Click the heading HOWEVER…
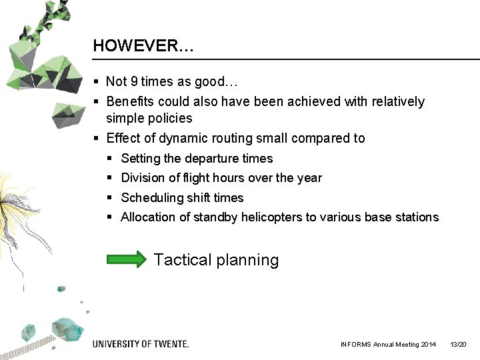tap(143, 46)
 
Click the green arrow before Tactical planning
tap(127, 259)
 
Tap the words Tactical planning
tap(216, 260)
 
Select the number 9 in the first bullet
tap(134, 82)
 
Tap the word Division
tap(142, 178)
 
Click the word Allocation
tap(147, 217)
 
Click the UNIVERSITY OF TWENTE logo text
tap(141, 344)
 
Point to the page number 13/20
tap(458, 345)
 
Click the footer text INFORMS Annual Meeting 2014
tap(388, 345)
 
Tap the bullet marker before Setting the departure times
tap(109, 159)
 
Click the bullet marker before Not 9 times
tap(97, 82)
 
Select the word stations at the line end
tap(418, 217)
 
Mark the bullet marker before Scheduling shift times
tap(109, 198)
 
